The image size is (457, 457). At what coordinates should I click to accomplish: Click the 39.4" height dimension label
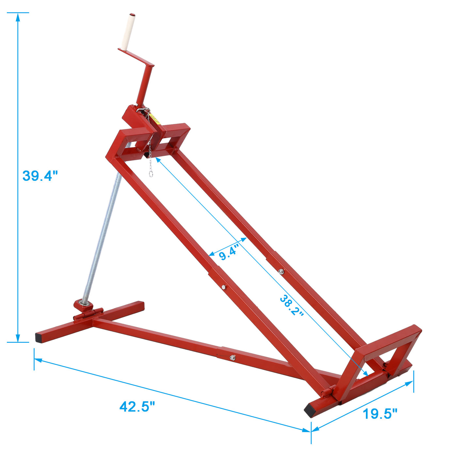(x=40, y=176)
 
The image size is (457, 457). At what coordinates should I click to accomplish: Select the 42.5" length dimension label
(x=137, y=407)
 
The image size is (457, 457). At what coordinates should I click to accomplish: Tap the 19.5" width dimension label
(x=380, y=414)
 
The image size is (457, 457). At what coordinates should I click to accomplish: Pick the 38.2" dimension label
(x=292, y=305)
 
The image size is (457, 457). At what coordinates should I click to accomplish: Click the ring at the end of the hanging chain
(x=151, y=174)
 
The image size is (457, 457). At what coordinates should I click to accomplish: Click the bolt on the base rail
(x=232, y=357)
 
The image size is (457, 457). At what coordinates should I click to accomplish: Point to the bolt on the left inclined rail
(x=223, y=287)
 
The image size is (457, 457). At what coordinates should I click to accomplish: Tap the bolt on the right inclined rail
(x=281, y=271)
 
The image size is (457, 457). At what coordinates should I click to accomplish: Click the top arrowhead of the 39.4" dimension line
(x=18, y=16)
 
